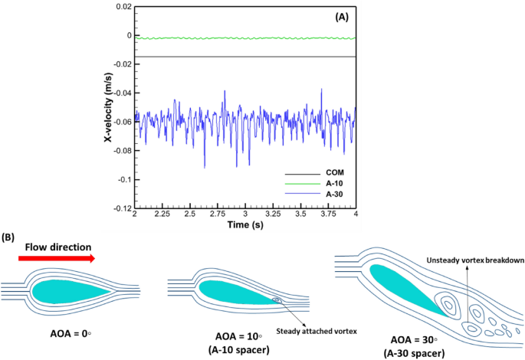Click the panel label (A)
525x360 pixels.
click(x=333, y=16)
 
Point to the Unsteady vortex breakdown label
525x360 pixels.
click(x=469, y=260)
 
